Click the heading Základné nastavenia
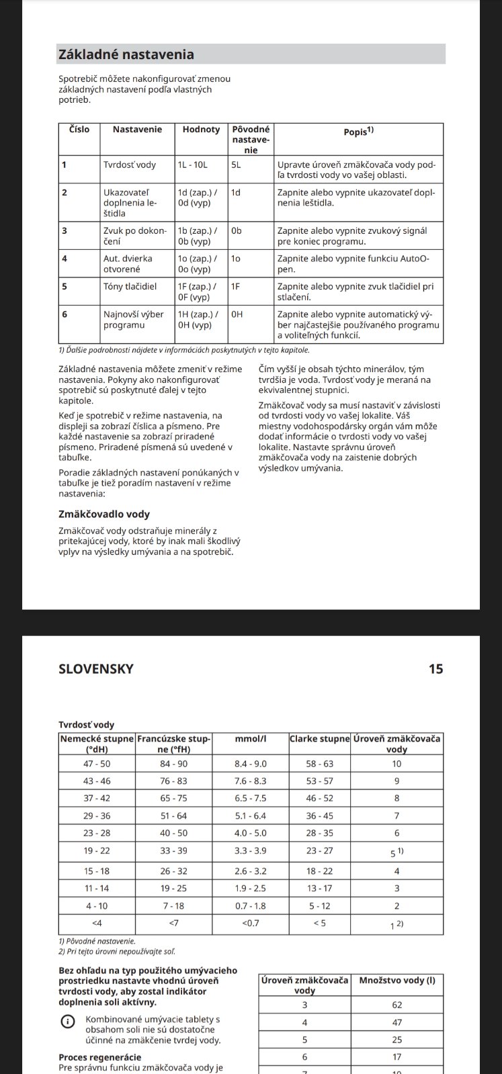(126, 54)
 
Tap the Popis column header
(358, 132)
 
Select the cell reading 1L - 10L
(193, 165)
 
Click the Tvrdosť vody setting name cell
(130, 165)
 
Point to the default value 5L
(236, 165)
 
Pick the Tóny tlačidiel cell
(130, 286)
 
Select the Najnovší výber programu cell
(134, 319)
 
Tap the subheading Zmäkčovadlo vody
(104, 514)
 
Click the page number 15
(435, 669)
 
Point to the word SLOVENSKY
(96, 669)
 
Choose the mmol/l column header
(250, 739)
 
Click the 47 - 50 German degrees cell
(97, 764)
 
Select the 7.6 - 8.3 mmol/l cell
(250, 781)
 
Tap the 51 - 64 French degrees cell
(173, 816)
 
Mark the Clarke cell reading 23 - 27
(319, 851)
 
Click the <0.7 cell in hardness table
(250, 923)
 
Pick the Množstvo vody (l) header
(396, 981)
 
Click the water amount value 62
(396, 1005)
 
